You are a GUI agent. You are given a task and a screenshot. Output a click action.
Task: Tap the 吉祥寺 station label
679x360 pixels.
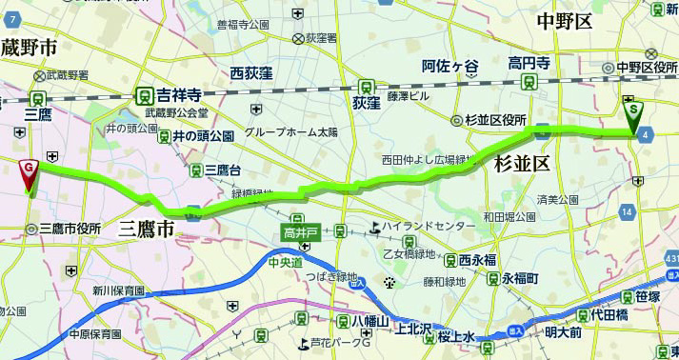click(178, 95)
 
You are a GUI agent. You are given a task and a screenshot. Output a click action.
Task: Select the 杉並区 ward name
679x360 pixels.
click(522, 164)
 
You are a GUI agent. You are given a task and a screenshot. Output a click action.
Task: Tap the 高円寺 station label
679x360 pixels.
click(529, 64)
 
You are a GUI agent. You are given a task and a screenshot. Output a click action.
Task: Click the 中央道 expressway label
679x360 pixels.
click(284, 262)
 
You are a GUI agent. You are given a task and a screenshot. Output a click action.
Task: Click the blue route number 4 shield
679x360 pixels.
click(647, 135)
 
